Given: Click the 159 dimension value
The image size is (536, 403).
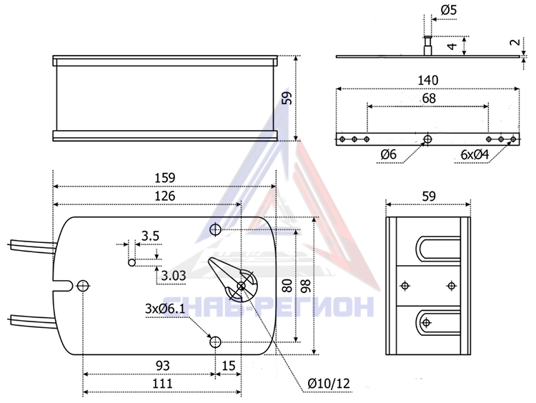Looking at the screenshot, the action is coord(165,178).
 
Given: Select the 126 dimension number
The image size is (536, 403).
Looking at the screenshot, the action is coord(165,196).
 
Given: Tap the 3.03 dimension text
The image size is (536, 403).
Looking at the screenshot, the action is coord(174,276).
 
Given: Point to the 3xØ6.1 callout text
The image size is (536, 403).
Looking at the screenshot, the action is coord(165,309).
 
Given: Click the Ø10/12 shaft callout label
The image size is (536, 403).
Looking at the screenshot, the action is coord(329,384).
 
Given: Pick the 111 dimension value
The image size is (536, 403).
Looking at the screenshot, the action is coord(163,383).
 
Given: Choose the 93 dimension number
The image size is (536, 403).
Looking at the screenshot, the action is coord(163,366).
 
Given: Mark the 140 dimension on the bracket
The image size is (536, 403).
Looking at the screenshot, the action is coord(428,80).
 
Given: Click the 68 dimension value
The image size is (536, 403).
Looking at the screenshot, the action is coord(429,99).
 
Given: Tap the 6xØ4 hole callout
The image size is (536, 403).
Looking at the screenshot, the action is coord(475,155).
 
